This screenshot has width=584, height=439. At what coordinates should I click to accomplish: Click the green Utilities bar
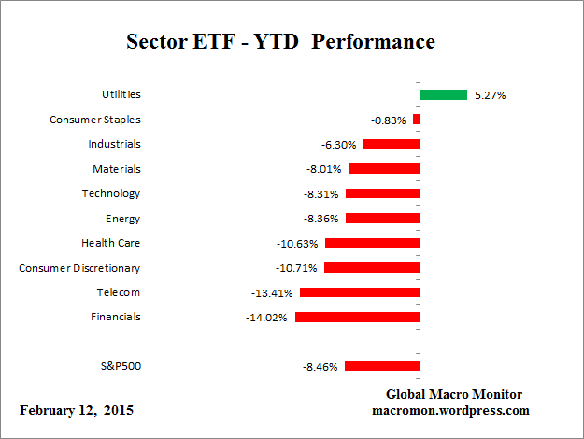point(443,94)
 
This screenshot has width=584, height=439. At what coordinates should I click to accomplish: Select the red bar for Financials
point(357,317)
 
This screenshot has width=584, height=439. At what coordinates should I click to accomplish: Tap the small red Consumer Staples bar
point(416,120)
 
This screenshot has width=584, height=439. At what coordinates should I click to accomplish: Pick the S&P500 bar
point(382,366)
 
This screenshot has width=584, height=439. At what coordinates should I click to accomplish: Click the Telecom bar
point(360,292)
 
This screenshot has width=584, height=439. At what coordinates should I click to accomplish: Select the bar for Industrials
point(392,144)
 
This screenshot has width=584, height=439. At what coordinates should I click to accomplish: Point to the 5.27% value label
point(489,95)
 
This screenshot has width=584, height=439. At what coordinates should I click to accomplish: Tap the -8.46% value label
point(320,367)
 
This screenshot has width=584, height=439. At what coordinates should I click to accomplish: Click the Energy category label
point(123,219)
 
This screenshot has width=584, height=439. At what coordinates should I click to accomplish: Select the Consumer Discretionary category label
point(79,268)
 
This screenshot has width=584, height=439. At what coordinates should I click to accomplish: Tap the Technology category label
point(111,193)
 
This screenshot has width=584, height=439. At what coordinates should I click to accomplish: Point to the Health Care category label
point(111,243)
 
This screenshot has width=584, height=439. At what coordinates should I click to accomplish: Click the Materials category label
point(117,169)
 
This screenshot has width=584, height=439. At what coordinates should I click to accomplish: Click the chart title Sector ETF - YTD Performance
point(280,43)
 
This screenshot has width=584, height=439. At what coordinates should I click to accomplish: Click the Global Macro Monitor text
point(453,394)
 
